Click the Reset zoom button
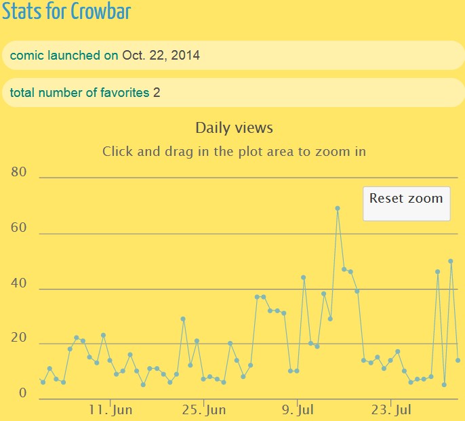[406, 203]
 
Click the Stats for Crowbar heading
[66, 12]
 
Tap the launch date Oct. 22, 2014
[161, 56]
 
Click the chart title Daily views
[234, 127]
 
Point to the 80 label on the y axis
[19, 173]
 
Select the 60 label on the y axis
[19, 228]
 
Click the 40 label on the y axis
[19, 284]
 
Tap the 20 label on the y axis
[19, 339]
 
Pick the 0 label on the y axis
[23, 394]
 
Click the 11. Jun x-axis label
[111, 409]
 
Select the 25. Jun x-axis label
[204, 409]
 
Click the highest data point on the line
[337, 208]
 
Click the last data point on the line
[458, 360]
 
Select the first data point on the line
[43, 382]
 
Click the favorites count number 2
[157, 93]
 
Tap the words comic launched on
[64, 56]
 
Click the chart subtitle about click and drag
[234, 151]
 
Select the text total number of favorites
[79, 93]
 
